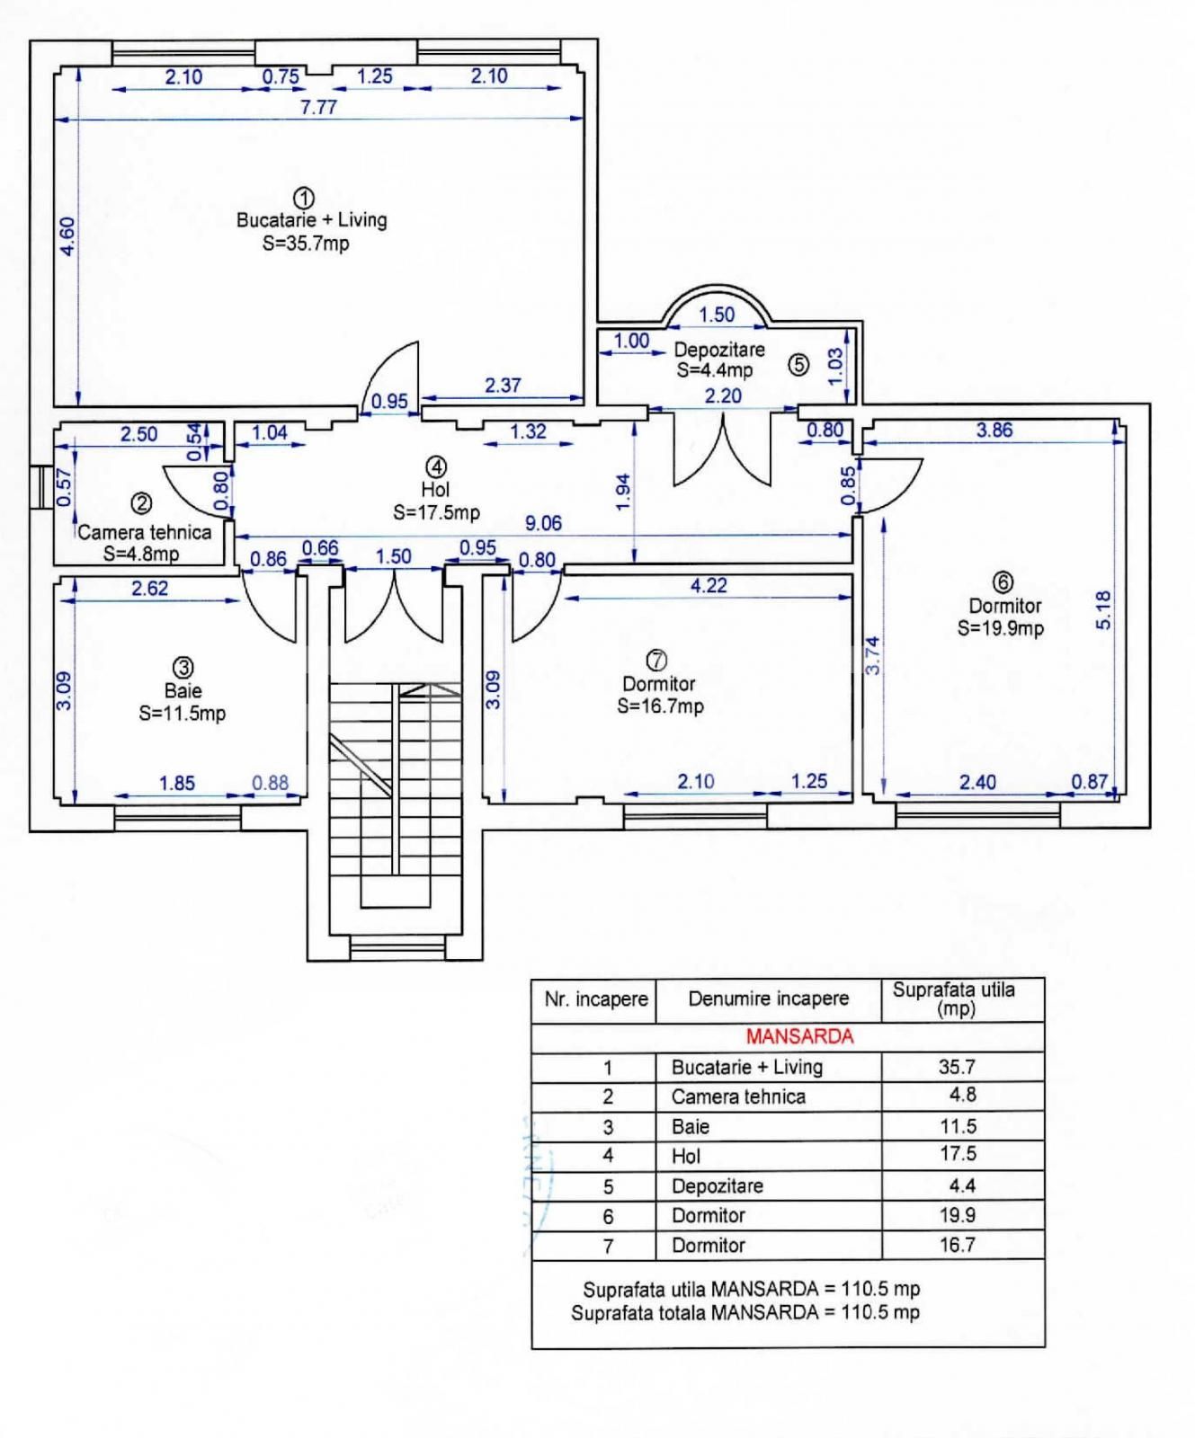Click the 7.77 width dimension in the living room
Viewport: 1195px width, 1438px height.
[x=318, y=107]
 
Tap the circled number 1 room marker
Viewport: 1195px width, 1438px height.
[x=304, y=198]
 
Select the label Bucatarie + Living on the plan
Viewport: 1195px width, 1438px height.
[x=311, y=220]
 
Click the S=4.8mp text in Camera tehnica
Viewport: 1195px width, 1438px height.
[x=141, y=554]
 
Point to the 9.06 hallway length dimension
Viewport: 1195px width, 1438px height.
[x=543, y=523]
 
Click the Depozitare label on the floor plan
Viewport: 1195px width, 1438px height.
[x=719, y=350]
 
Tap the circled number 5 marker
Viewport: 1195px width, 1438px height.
[x=798, y=364]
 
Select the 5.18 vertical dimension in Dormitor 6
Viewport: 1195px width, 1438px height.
[x=1104, y=609]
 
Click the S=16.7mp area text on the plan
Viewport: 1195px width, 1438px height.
[x=660, y=706]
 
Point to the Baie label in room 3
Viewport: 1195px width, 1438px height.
[x=183, y=691]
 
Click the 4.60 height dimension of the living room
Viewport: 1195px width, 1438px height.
[x=67, y=235]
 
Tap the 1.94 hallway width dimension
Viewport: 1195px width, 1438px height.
[x=623, y=493]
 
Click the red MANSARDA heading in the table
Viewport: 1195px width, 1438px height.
[x=798, y=1036]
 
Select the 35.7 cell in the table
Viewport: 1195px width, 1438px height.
[x=957, y=1067]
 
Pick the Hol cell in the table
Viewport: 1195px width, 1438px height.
[x=686, y=1156]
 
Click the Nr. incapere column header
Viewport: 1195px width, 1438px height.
[x=595, y=999]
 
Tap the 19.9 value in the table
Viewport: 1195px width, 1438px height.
[x=958, y=1215]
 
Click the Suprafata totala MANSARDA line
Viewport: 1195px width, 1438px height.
[x=745, y=1312]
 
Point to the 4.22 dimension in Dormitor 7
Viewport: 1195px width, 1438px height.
[x=709, y=586]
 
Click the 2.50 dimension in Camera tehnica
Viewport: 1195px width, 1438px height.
[x=138, y=434]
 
